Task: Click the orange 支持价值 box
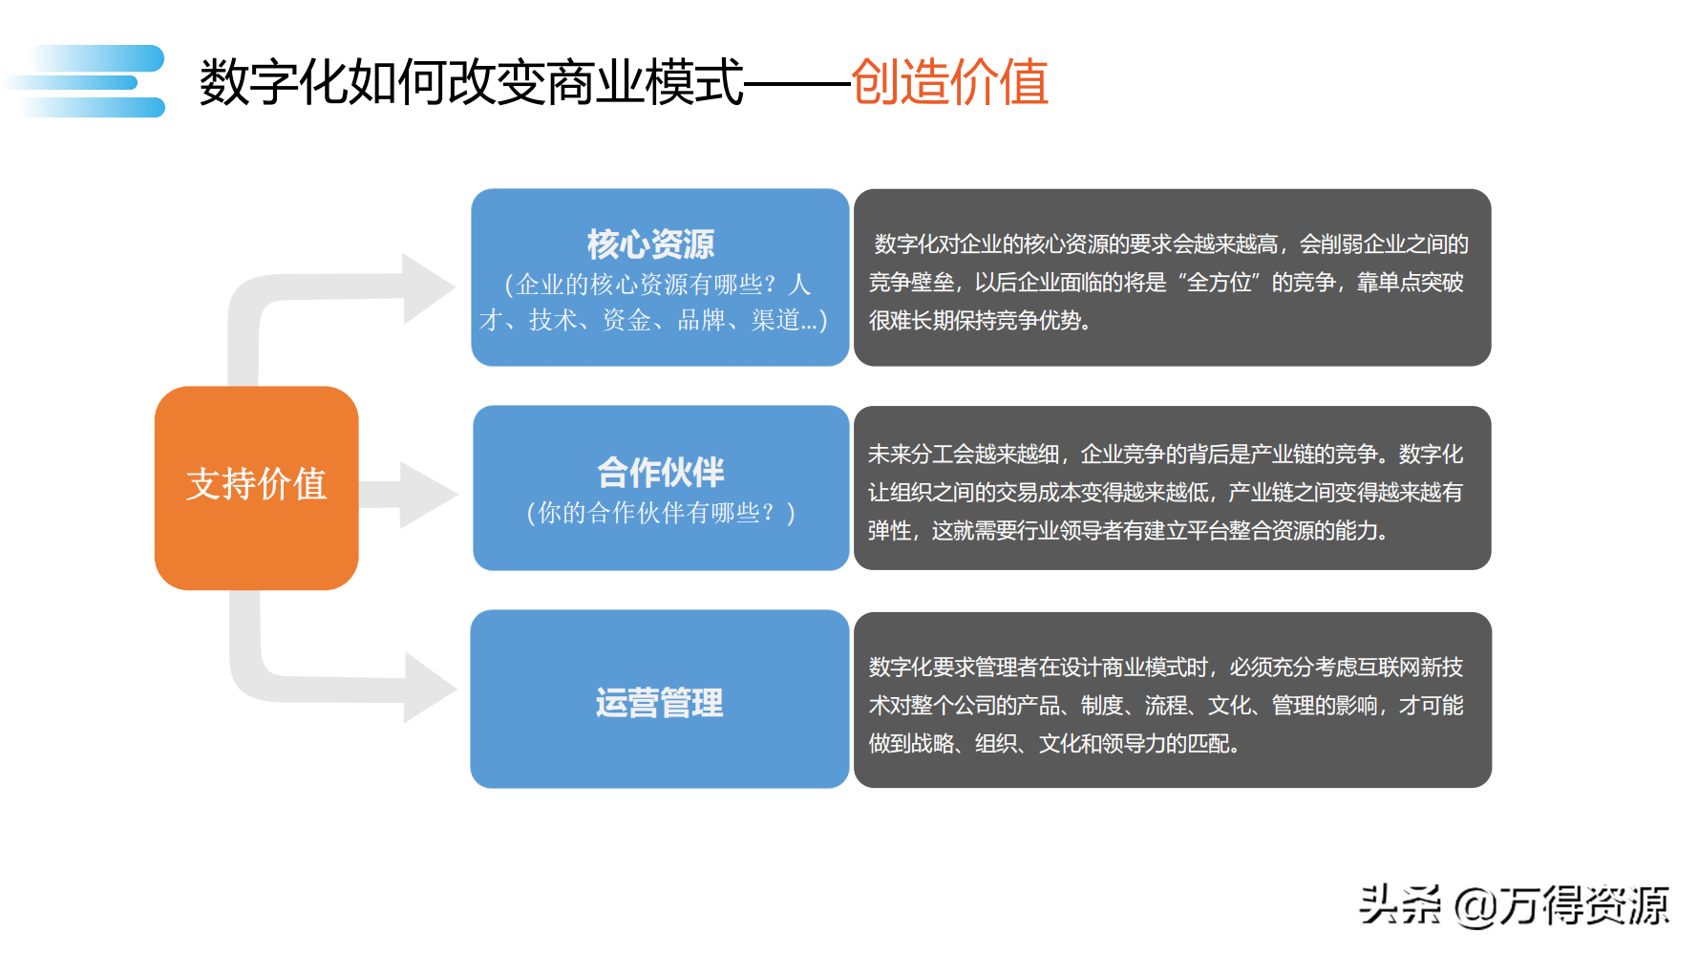256,487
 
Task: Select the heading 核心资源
650,244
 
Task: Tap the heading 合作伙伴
660,472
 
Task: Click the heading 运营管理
659,703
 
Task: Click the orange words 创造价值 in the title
949,82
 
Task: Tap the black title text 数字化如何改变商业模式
471,82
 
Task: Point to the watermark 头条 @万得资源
1514,905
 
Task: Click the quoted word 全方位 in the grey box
1218,283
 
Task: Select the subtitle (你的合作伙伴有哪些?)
660,514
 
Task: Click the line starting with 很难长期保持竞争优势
980,321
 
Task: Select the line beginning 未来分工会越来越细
1165,455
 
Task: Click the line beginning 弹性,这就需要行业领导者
1128,531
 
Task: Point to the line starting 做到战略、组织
1054,744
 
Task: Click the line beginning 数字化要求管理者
1165,668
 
